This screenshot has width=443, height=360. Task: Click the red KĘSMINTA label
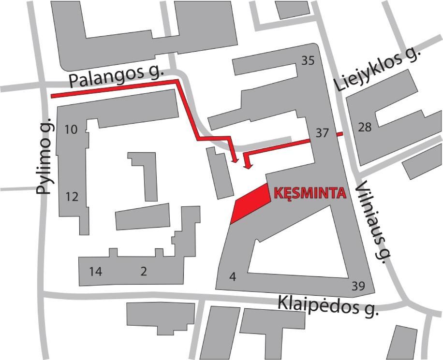coord(310,193)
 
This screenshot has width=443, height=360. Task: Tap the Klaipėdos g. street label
coord(327,306)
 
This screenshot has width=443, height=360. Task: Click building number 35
coord(308,61)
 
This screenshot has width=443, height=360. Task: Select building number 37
coord(322,133)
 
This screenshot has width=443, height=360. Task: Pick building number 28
coord(365,127)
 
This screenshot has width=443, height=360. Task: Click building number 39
coord(358,286)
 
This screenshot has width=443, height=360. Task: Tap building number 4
coord(233,277)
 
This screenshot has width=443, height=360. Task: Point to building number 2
coord(144,272)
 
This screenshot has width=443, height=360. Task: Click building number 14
coord(95,272)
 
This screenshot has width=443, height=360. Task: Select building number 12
coord(72,197)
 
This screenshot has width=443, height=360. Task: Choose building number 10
coord(71,130)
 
